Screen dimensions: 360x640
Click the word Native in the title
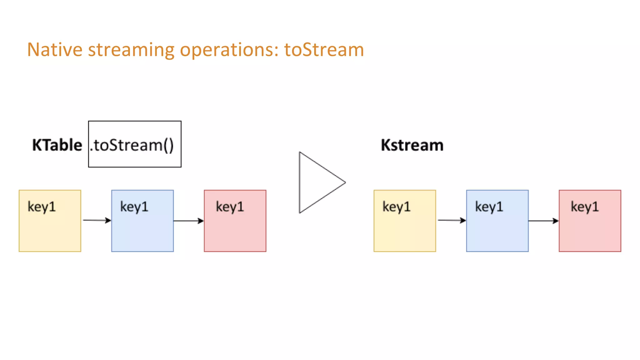(55, 50)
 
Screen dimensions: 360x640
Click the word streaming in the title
(131, 50)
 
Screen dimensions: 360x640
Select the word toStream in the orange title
(324, 50)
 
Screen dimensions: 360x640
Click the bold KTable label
(57, 145)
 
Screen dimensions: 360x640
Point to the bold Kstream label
(412, 145)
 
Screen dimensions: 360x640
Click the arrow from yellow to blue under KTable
(97, 220)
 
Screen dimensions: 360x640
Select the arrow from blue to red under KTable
(188, 221)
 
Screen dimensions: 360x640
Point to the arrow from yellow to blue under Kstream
(451, 220)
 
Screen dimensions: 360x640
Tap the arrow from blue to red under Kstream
(543, 221)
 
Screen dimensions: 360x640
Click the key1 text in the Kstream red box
(585, 207)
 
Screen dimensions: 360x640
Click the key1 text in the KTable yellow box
(42, 207)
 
